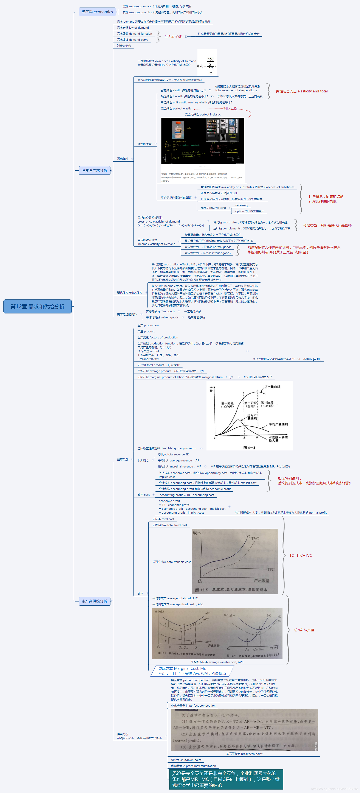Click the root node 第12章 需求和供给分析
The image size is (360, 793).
[37, 306]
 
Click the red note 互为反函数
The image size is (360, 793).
[173, 37]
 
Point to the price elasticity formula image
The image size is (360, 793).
[207, 63]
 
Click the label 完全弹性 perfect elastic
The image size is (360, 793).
[176, 109]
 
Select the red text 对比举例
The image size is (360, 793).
[230, 109]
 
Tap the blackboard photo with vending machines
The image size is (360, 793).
[202, 141]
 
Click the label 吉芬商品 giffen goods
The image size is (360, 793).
[160, 312]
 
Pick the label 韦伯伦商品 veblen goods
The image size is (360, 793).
[162, 317]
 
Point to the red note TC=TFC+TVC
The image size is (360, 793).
[301, 555]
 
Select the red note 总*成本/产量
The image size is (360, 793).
[304, 630]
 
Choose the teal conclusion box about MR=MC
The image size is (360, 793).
[226, 779]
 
